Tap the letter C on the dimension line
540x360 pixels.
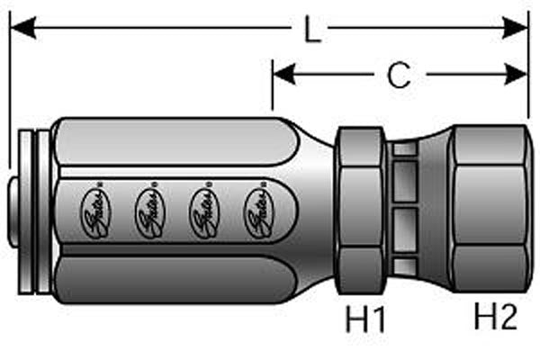(x=398, y=76)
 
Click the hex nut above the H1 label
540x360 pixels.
(x=363, y=212)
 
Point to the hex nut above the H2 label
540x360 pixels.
(x=487, y=211)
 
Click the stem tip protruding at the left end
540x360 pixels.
(x=15, y=214)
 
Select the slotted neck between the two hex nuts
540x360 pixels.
(x=406, y=212)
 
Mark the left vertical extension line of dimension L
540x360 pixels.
(x=10, y=90)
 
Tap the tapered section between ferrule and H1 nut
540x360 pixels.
(x=310, y=212)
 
